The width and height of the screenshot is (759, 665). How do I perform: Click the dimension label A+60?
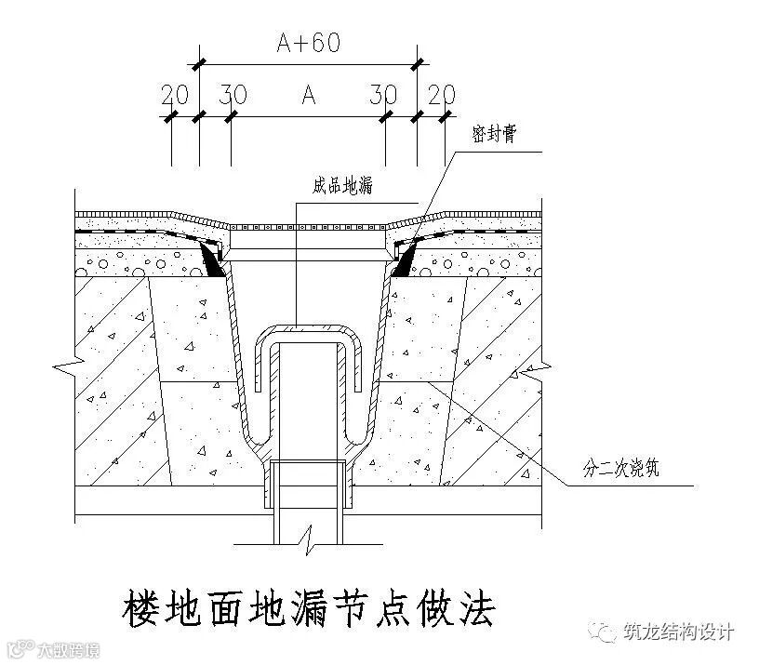point(307,43)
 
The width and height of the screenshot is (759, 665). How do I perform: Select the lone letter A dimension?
point(308,94)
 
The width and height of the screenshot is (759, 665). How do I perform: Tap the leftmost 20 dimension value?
point(173,94)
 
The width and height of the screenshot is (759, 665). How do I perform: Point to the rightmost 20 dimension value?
point(442,94)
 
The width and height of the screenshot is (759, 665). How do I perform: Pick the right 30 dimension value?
point(383,94)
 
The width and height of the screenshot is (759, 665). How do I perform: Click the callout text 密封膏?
point(494,135)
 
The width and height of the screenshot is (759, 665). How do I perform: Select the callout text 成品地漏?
point(342,186)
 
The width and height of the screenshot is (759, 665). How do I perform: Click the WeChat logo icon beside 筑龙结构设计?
point(607,632)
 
